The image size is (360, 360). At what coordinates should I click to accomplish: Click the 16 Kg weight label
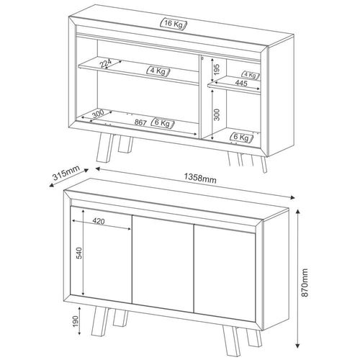point(174,24)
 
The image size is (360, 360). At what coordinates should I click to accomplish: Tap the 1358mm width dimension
point(200,178)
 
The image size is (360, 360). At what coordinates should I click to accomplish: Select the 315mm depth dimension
point(66,173)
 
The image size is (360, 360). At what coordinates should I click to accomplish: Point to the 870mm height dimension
point(305,282)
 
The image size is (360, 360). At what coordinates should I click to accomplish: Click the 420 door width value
point(99,221)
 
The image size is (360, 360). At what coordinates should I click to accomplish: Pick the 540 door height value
point(79,253)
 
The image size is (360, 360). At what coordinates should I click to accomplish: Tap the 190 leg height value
point(76,321)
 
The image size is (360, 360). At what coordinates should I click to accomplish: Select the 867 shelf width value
point(140,122)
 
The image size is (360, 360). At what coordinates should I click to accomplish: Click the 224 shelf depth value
point(106,63)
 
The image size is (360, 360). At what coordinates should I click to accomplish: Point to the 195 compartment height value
point(217,70)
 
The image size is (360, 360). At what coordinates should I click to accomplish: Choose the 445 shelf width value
point(241,83)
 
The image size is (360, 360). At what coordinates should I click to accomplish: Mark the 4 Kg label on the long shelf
point(158,71)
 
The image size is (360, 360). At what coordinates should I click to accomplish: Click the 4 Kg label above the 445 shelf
point(251,75)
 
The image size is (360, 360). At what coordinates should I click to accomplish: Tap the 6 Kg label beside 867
point(163,123)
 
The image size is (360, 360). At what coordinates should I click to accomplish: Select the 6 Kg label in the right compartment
point(241,138)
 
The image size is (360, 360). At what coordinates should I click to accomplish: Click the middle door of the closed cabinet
point(163,264)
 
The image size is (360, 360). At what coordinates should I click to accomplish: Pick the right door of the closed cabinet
point(225,273)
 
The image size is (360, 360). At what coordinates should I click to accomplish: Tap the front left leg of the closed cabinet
point(99,321)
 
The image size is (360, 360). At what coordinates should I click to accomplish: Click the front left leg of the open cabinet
point(104,147)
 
